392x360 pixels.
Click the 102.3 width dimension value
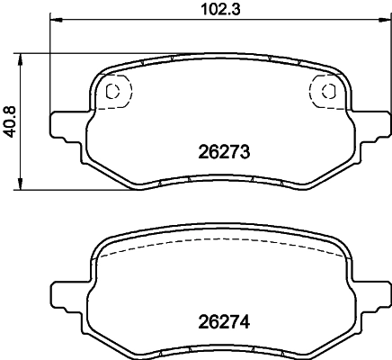click(x=220, y=9)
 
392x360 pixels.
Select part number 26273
click(x=224, y=152)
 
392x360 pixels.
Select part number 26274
click(x=224, y=322)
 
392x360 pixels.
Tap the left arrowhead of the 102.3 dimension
click(x=56, y=20)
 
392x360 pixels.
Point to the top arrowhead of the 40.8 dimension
click(x=20, y=60)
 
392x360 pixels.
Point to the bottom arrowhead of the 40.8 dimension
click(x=20, y=184)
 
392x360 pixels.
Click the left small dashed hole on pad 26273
click(x=113, y=91)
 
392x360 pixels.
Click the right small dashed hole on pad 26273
click(x=328, y=91)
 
